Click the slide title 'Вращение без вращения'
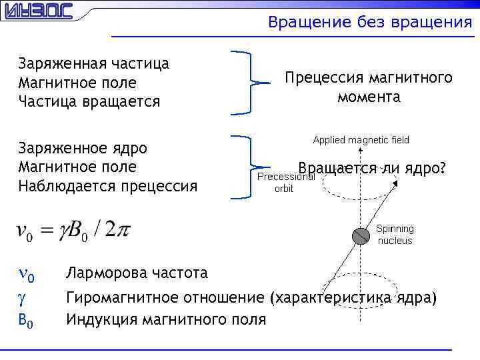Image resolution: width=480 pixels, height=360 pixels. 369,23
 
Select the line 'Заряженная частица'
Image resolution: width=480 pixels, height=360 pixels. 93,64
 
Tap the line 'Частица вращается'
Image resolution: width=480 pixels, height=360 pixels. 89,102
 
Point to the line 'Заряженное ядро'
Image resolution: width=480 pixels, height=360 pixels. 83,147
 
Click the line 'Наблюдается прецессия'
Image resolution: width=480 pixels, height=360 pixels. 108,185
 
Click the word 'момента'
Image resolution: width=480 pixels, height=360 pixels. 369,97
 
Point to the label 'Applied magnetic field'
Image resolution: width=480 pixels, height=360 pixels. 361,140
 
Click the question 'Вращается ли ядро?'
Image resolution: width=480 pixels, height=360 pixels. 372,168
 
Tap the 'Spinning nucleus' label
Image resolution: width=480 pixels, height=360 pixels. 395,235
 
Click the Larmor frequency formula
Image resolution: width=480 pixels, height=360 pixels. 73,231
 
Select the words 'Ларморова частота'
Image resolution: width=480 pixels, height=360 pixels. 137,273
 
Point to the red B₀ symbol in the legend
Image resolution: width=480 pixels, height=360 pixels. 25,320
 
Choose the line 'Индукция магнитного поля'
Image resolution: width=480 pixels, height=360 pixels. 165,320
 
